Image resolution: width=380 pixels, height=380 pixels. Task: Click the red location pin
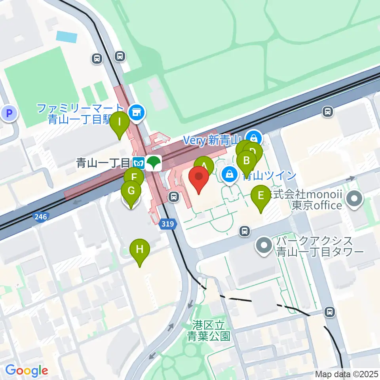click(x=199, y=179)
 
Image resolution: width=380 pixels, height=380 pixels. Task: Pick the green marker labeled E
click(x=261, y=196)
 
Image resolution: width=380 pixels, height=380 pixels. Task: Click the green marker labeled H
click(x=140, y=250)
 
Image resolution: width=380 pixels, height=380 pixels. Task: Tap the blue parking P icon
click(x=10, y=114)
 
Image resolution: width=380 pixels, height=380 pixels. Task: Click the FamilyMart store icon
click(x=137, y=112)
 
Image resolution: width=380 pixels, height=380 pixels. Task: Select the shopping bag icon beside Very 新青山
click(x=254, y=139)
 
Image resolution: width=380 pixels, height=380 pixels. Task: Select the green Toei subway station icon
click(x=153, y=163)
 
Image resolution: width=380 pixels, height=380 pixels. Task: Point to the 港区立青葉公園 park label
click(x=209, y=331)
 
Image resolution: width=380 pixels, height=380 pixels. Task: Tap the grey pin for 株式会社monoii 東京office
click(x=353, y=198)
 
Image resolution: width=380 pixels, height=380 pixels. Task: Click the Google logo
click(x=26, y=370)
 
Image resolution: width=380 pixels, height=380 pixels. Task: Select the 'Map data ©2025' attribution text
click(x=346, y=374)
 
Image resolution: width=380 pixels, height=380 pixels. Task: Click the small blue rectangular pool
click(x=66, y=36)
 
